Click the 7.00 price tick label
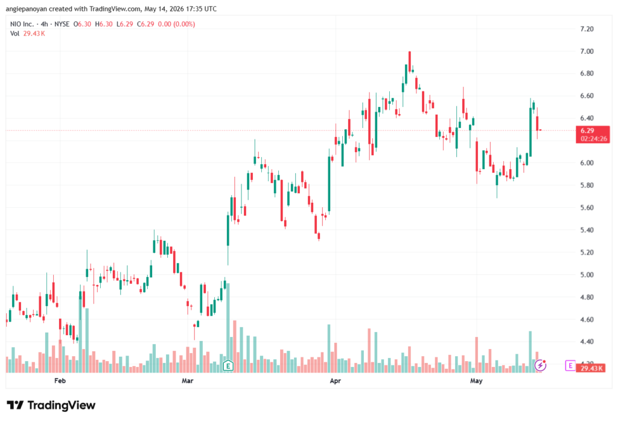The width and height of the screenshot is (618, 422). (x=587, y=51)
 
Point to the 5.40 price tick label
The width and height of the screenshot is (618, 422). (x=587, y=230)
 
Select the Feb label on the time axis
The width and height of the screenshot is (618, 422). (x=60, y=380)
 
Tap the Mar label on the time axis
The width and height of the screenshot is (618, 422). (x=188, y=380)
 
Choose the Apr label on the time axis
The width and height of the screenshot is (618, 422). (x=336, y=380)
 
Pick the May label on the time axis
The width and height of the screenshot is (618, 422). (x=476, y=380)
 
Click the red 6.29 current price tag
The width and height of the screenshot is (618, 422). (x=593, y=135)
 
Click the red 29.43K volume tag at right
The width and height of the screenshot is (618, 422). (x=590, y=368)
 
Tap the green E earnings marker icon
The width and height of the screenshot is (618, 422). (x=228, y=366)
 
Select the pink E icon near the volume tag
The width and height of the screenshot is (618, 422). (x=570, y=366)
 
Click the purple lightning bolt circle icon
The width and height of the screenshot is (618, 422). (x=540, y=366)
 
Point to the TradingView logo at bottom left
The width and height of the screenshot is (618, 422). (x=51, y=406)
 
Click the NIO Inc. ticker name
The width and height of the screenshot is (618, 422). (x=22, y=24)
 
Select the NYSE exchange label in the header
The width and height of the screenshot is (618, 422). (x=62, y=24)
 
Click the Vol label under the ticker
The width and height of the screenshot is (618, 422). (x=14, y=34)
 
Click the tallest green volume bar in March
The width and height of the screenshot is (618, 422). (x=228, y=328)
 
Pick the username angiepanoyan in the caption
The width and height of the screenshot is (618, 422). (x=26, y=8)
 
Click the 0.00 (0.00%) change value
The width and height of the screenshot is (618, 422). (x=177, y=24)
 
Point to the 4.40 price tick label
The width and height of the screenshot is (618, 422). (x=587, y=342)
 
